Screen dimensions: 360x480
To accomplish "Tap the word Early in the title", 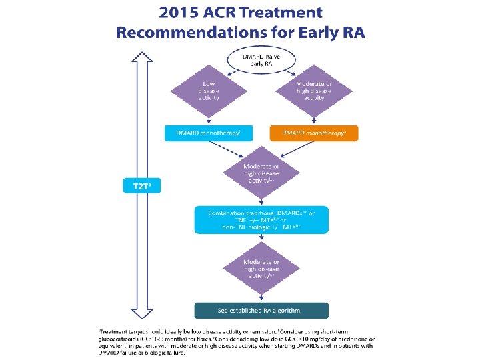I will tap(304, 33).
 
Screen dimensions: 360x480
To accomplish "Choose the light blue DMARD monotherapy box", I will tap(208, 133).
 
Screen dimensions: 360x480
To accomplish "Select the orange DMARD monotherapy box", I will tap(313, 133).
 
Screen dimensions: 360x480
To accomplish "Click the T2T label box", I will tap(141, 187).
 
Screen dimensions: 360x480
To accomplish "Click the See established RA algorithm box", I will tap(261, 311).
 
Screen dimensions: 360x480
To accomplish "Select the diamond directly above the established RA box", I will tap(261, 268).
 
